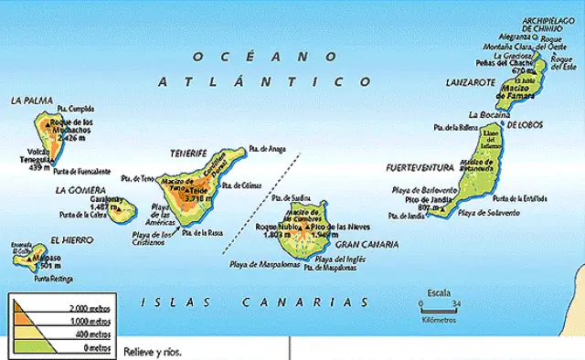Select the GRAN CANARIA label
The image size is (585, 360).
(367, 245)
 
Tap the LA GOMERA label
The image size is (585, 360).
(75, 190)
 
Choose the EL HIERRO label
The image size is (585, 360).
(70, 240)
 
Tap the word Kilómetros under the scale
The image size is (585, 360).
(439, 320)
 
